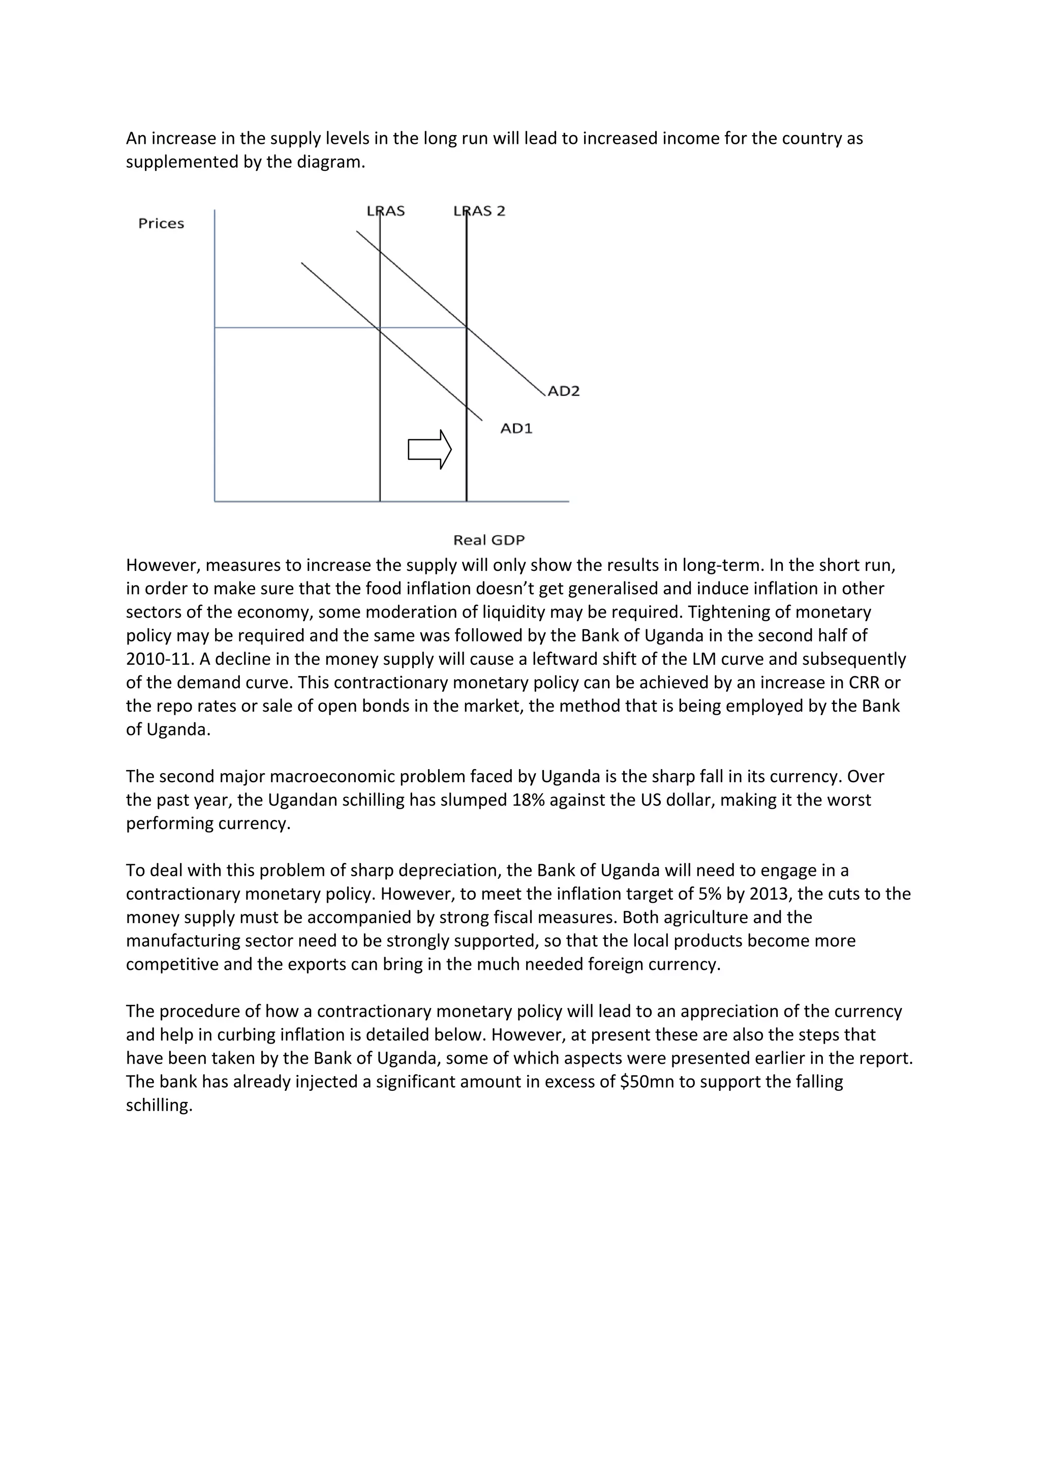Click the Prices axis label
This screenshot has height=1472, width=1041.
pyautogui.click(x=161, y=224)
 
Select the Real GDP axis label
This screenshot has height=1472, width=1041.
pyautogui.click(x=488, y=540)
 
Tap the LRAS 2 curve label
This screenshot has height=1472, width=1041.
pyautogui.click(x=479, y=211)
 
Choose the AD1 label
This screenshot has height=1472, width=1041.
pyautogui.click(x=516, y=428)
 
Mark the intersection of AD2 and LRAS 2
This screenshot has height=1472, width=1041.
pyautogui.click(x=467, y=328)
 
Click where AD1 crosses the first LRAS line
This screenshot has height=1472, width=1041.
pyautogui.click(x=380, y=328)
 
